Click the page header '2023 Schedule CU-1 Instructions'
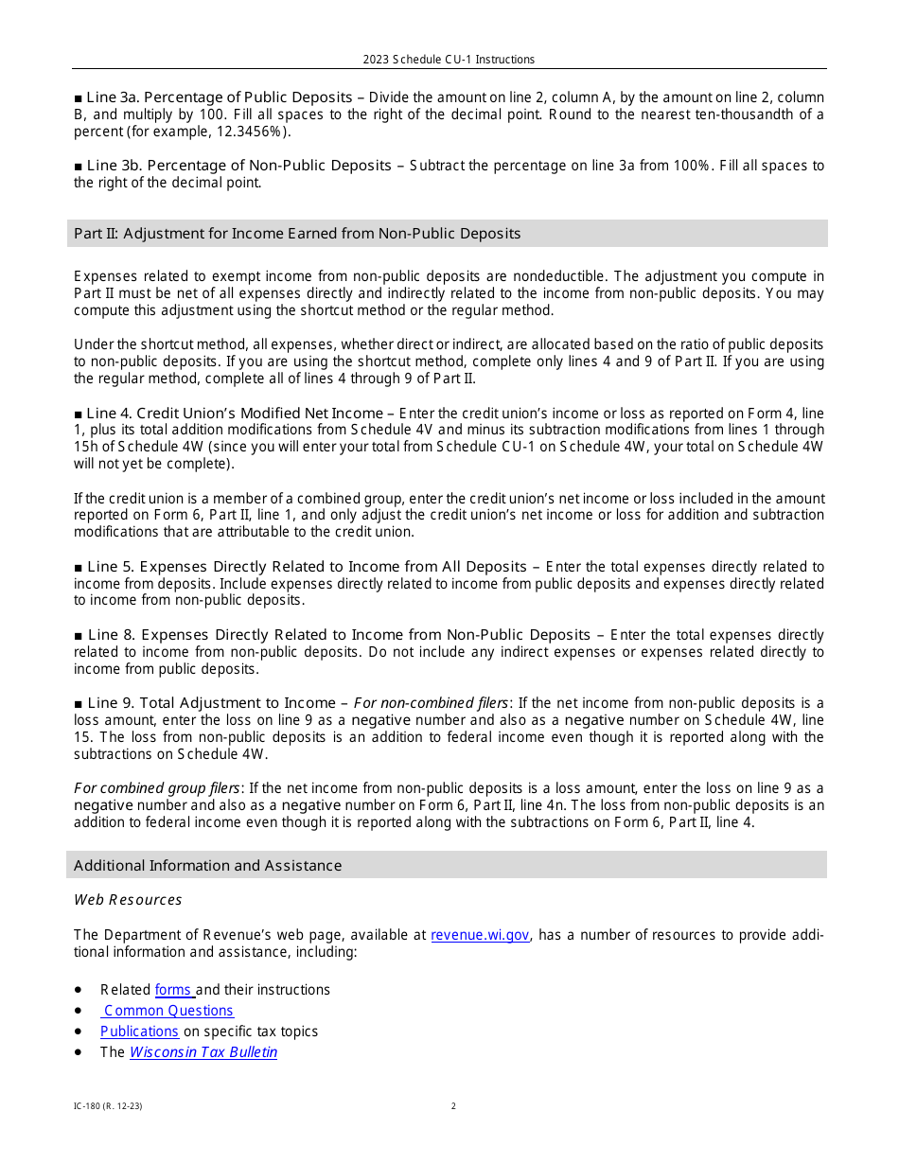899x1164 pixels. click(x=449, y=60)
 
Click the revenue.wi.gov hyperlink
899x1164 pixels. click(x=480, y=935)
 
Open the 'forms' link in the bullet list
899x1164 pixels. click(x=174, y=990)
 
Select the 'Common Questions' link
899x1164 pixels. click(x=168, y=1011)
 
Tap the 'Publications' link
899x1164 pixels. click(x=139, y=1032)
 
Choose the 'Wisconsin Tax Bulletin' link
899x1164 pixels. click(x=203, y=1052)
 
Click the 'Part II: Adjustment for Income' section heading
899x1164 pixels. click(x=297, y=234)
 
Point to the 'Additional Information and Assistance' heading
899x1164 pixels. click(x=208, y=866)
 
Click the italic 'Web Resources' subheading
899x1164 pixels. click(x=128, y=900)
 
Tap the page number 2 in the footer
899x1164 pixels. click(x=453, y=1106)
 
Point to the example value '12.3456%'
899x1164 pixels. click(x=230, y=132)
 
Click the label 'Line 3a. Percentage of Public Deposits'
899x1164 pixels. click(x=219, y=97)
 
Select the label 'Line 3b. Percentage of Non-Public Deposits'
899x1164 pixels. click(x=238, y=166)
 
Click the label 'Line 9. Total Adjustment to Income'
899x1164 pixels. click(x=211, y=703)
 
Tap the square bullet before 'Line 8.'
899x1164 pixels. click(x=79, y=635)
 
